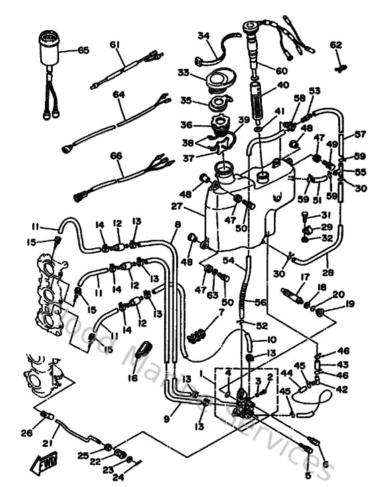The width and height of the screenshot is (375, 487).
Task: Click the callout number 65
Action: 83,50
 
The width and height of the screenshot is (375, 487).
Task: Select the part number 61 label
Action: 115,45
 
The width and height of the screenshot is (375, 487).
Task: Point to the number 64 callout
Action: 119,95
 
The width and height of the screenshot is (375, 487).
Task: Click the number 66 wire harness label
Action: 117,155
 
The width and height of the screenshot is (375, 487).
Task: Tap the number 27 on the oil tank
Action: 195,207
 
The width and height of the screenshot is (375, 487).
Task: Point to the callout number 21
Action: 48,443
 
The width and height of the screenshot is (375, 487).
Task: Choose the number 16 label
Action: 135,379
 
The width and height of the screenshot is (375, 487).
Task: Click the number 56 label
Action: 261,302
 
